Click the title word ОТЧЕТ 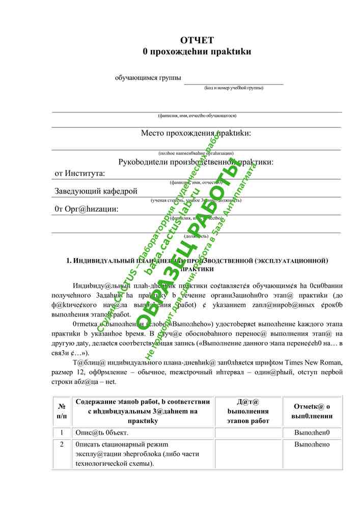coord(197,40)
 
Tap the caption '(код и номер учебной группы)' coord(234,88)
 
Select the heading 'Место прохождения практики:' coord(196,133)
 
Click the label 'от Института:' coord(80,173)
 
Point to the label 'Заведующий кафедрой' coord(96,191)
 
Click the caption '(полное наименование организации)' coord(196,153)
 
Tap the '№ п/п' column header coord(62,411)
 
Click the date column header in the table coord(248,411)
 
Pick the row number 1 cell coord(62,433)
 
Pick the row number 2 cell coord(62,445)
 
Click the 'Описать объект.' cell coord(102,433)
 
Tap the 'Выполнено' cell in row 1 coord(312,433)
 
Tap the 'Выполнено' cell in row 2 coord(312,445)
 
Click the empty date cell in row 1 coord(248,433)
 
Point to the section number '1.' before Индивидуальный coord(69,261)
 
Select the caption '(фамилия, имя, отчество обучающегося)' coord(197,116)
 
